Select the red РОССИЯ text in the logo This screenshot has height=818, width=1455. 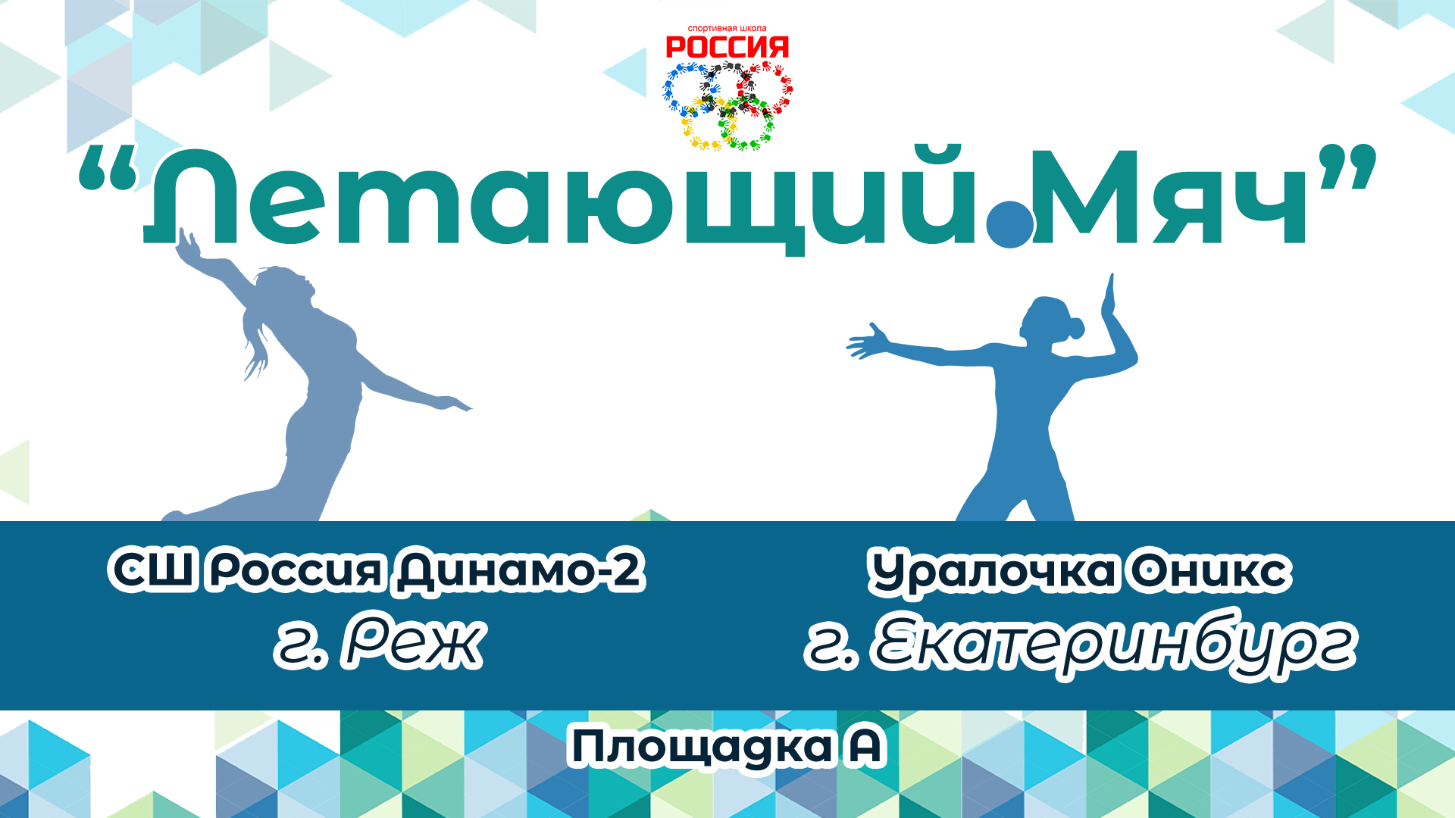pos(727,48)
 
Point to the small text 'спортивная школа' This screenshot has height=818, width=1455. pos(727,29)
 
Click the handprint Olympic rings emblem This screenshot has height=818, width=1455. pos(727,105)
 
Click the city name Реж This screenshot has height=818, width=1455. pos(414,644)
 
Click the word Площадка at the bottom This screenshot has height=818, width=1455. pos(701,748)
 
